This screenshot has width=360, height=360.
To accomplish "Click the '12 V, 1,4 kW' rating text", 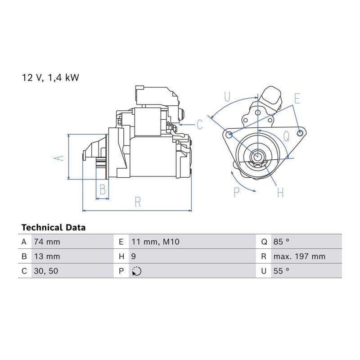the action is click(x=50, y=77).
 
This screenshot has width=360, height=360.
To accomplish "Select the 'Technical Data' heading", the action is click(x=54, y=228).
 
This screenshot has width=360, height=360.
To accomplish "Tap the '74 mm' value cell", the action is click(x=47, y=242).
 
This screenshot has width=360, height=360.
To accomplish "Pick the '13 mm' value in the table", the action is click(x=47, y=256).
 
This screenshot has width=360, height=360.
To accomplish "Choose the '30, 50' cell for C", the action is click(x=46, y=271).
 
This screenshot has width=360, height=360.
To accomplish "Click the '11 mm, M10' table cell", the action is click(x=155, y=242).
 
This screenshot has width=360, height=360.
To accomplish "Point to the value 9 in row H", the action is click(x=133, y=256).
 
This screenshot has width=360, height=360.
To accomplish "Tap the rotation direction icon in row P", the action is click(x=137, y=271).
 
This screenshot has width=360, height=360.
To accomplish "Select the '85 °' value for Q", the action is click(x=281, y=242).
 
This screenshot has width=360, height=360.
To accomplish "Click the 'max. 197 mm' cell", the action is click(x=299, y=256).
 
